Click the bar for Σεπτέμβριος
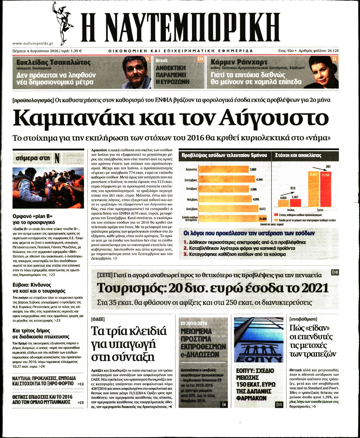tap(226, 180)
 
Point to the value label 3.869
tap(253, 170)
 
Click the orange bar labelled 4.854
tap(283, 204)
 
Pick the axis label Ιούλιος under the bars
tap(291, 210)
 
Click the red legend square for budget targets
tap(276, 215)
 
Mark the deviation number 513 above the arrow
tap(293, 188)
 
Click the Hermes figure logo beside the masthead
tap(64, 22)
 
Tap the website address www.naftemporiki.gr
tap(33, 44)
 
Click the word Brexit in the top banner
tap(162, 61)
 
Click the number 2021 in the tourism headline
tap(314, 288)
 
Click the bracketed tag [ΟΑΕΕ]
tap(98, 319)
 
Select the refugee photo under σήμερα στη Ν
tap(48, 188)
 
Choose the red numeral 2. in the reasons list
tap(186, 248)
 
